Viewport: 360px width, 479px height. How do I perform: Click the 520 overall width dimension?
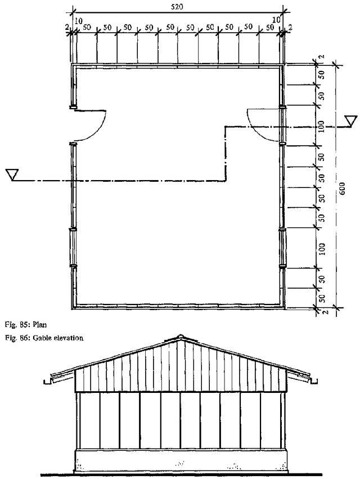(177, 6)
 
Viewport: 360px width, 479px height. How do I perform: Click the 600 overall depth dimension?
(342, 189)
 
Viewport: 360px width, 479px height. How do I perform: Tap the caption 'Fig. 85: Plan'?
(26, 324)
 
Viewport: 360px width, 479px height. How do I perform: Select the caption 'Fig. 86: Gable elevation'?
(44, 338)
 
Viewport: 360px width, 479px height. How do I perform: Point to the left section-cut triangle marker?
(12, 174)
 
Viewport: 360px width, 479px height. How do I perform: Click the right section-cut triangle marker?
(351, 120)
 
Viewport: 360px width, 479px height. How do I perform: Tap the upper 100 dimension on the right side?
(321, 126)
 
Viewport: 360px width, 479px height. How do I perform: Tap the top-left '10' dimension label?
(79, 21)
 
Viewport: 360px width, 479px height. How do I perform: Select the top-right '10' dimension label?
(276, 20)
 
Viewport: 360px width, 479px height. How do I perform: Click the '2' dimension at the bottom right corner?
(326, 312)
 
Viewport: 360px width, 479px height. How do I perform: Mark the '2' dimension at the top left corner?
(67, 27)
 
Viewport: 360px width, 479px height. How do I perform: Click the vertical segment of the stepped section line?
(226, 154)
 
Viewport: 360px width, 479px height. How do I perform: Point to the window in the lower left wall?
(73, 248)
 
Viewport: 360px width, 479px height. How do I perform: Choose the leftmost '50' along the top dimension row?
(87, 28)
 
